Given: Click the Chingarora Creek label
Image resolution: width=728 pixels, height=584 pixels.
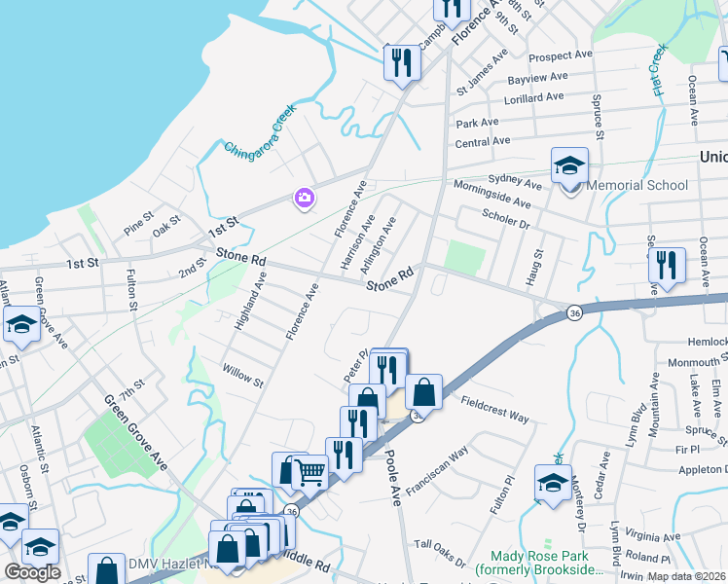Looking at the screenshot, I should (x=259, y=135).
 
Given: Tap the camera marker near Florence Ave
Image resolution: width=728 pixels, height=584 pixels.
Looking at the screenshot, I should (x=305, y=199).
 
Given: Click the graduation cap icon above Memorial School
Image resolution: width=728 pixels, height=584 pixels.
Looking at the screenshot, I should (x=569, y=165).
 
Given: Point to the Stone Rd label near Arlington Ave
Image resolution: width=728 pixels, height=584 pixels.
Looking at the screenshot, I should (x=391, y=278).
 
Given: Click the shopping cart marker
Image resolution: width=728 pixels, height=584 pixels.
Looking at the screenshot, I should (x=310, y=473).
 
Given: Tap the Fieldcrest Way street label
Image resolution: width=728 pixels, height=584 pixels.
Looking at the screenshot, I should (x=494, y=409).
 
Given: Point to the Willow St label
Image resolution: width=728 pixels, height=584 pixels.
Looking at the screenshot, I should (x=243, y=375).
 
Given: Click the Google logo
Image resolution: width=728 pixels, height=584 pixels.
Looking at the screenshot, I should (x=32, y=572).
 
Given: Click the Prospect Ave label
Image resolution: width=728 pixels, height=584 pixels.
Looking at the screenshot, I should (x=562, y=56).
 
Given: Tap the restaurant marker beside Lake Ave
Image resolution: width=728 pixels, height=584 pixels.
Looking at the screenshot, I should (x=667, y=265).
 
